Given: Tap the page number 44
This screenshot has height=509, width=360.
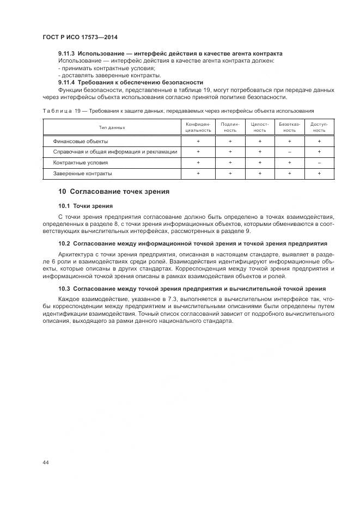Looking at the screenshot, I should click(x=46, y=462).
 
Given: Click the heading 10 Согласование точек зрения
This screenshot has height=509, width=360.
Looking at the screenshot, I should click(x=114, y=192).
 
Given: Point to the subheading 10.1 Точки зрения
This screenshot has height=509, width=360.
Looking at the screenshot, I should click(x=86, y=206).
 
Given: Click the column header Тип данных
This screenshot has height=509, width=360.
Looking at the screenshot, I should click(x=112, y=127).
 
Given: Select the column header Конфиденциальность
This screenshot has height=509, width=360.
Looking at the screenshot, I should click(x=198, y=127).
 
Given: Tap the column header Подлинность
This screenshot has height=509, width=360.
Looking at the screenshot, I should click(x=230, y=127).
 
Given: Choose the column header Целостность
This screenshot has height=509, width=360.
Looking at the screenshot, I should click(x=260, y=127).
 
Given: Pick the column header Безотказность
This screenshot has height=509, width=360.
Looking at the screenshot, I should click(x=289, y=127).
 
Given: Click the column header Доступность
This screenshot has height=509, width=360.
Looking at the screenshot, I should click(x=319, y=127).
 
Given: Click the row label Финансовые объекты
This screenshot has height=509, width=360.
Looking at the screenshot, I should click(x=80, y=141).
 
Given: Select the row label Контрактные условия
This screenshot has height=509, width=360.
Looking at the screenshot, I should click(x=80, y=162).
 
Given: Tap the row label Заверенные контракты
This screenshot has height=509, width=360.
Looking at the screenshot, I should click(x=82, y=173).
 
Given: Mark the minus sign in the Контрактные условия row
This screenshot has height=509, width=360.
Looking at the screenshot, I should click(x=319, y=162).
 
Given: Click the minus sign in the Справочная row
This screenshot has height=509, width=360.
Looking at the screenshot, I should click(x=289, y=152).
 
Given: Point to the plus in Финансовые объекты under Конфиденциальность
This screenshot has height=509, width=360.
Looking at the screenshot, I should click(x=198, y=141).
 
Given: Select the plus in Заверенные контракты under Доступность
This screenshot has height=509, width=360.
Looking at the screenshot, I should click(x=319, y=173).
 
